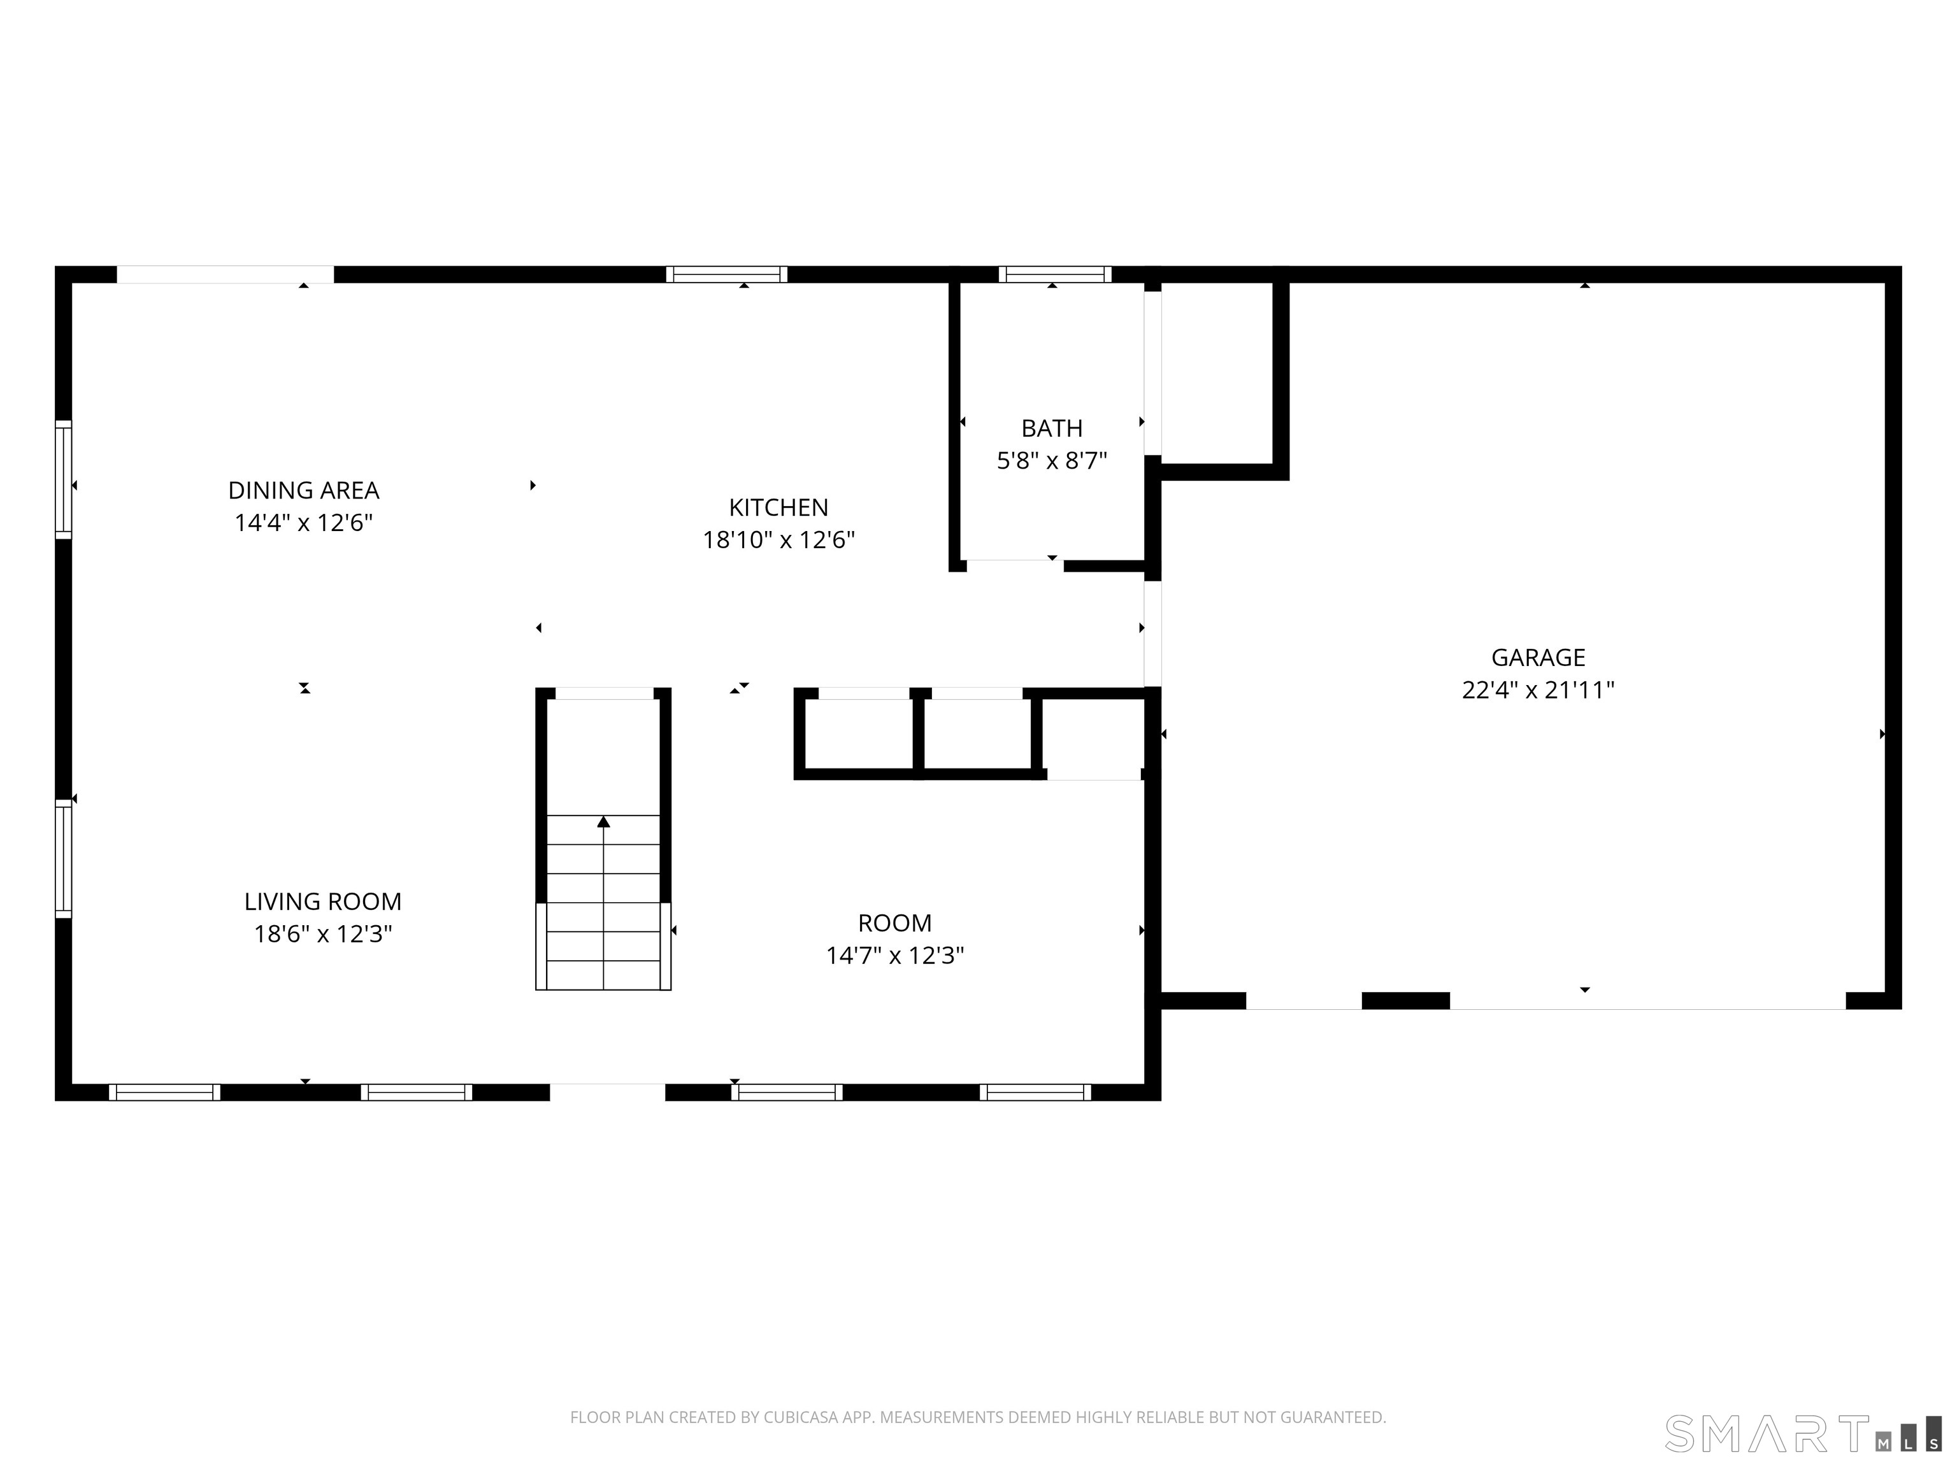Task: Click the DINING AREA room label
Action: click(x=303, y=490)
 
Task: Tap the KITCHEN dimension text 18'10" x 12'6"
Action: click(x=778, y=539)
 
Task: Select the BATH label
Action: click(x=1052, y=428)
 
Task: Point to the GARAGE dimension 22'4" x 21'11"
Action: click(x=1538, y=690)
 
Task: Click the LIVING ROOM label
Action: click(x=323, y=901)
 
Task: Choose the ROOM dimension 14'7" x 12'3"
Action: click(x=894, y=955)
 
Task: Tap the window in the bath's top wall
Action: click(x=1054, y=274)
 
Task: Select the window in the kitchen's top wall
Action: click(x=726, y=274)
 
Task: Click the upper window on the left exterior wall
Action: click(x=63, y=479)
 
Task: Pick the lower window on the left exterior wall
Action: click(x=63, y=858)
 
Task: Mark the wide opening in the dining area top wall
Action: click(x=226, y=274)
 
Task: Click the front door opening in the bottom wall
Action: click(x=607, y=1092)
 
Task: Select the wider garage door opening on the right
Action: click(x=1647, y=1001)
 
